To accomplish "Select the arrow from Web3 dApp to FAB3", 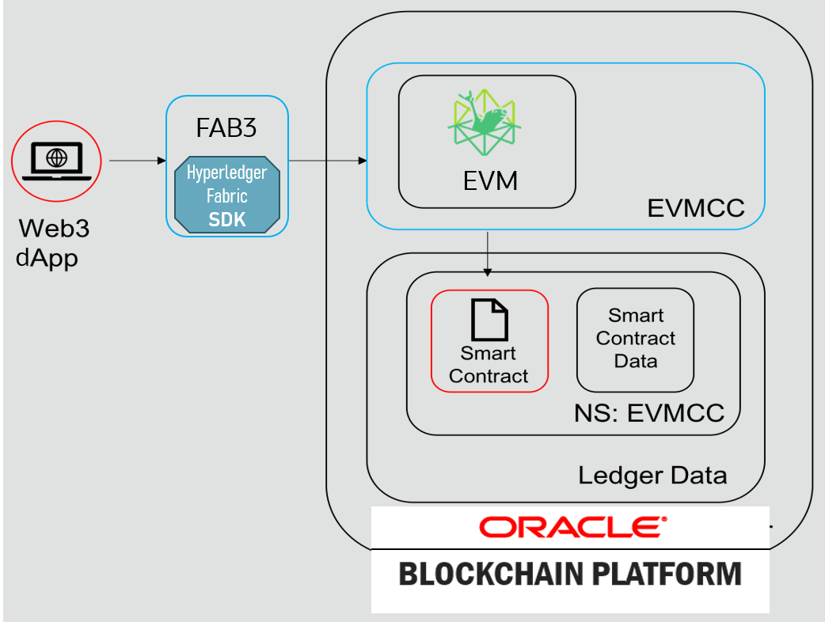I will coord(134,161).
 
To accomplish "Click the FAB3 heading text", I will coord(226,128).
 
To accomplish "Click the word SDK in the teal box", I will coord(227,220).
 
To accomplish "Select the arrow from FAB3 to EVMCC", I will coord(327,161).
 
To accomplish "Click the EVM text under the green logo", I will coord(490,181).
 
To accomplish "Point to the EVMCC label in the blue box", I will coord(695,208).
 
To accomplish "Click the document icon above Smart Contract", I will coord(489,320).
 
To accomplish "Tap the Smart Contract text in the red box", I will coord(489,365).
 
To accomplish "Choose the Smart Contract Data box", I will coord(635,339).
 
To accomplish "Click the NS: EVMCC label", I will coord(648,413).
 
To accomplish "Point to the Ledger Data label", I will coord(652,476).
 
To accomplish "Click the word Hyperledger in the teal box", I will coord(227,173).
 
